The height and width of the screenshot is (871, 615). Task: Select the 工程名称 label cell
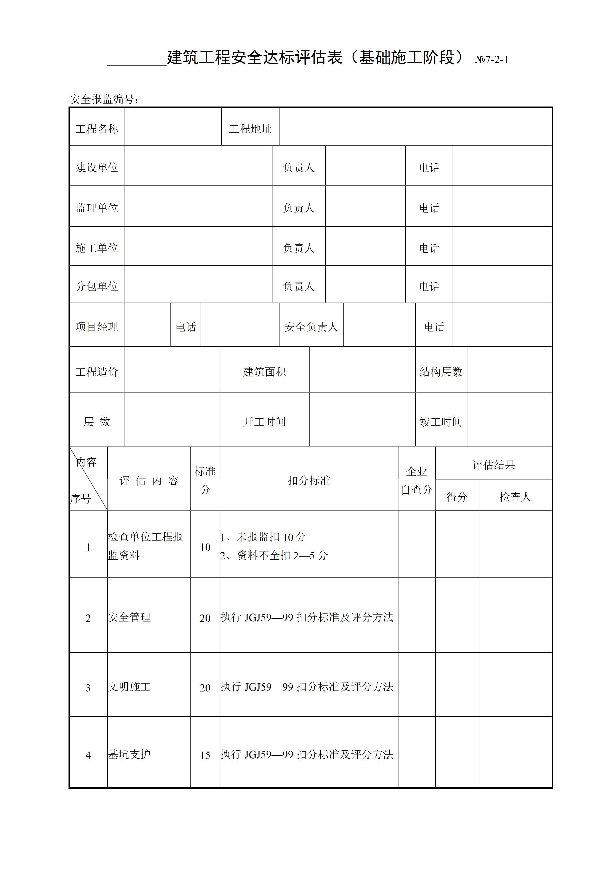coord(97,129)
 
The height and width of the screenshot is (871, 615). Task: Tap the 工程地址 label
coord(250,129)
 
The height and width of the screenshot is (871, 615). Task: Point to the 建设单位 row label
coord(97,167)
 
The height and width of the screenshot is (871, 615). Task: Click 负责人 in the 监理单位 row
coord(299,208)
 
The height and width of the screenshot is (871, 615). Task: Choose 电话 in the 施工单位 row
coord(429,248)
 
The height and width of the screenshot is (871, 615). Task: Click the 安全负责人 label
coord(311,327)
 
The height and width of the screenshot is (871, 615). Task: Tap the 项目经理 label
coord(97,327)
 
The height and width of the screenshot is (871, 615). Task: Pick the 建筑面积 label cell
coord(265,371)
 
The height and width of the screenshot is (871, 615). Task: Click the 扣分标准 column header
coord(309,481)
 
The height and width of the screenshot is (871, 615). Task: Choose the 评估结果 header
coord(493,465)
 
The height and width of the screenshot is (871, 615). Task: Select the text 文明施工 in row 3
coord(129,686)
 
